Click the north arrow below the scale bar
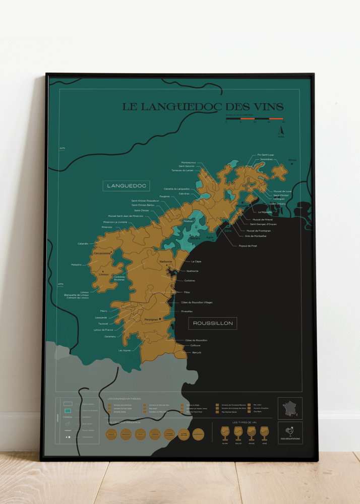coord(281,130)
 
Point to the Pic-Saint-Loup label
coord(266,155)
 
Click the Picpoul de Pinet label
coord(248,246)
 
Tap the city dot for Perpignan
coord(160,319)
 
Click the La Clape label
coord(196,262)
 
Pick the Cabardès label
coord(83,243)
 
